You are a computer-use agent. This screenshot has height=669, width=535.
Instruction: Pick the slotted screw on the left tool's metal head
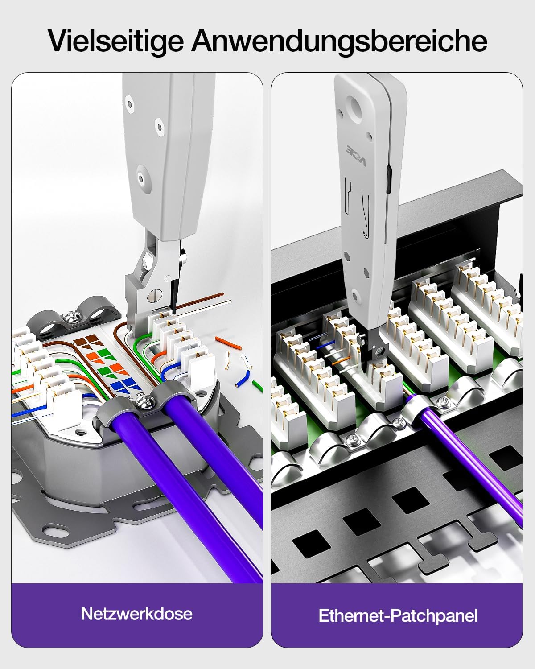coord(155,295)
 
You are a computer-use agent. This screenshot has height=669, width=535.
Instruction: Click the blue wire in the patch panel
coord(326,343)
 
